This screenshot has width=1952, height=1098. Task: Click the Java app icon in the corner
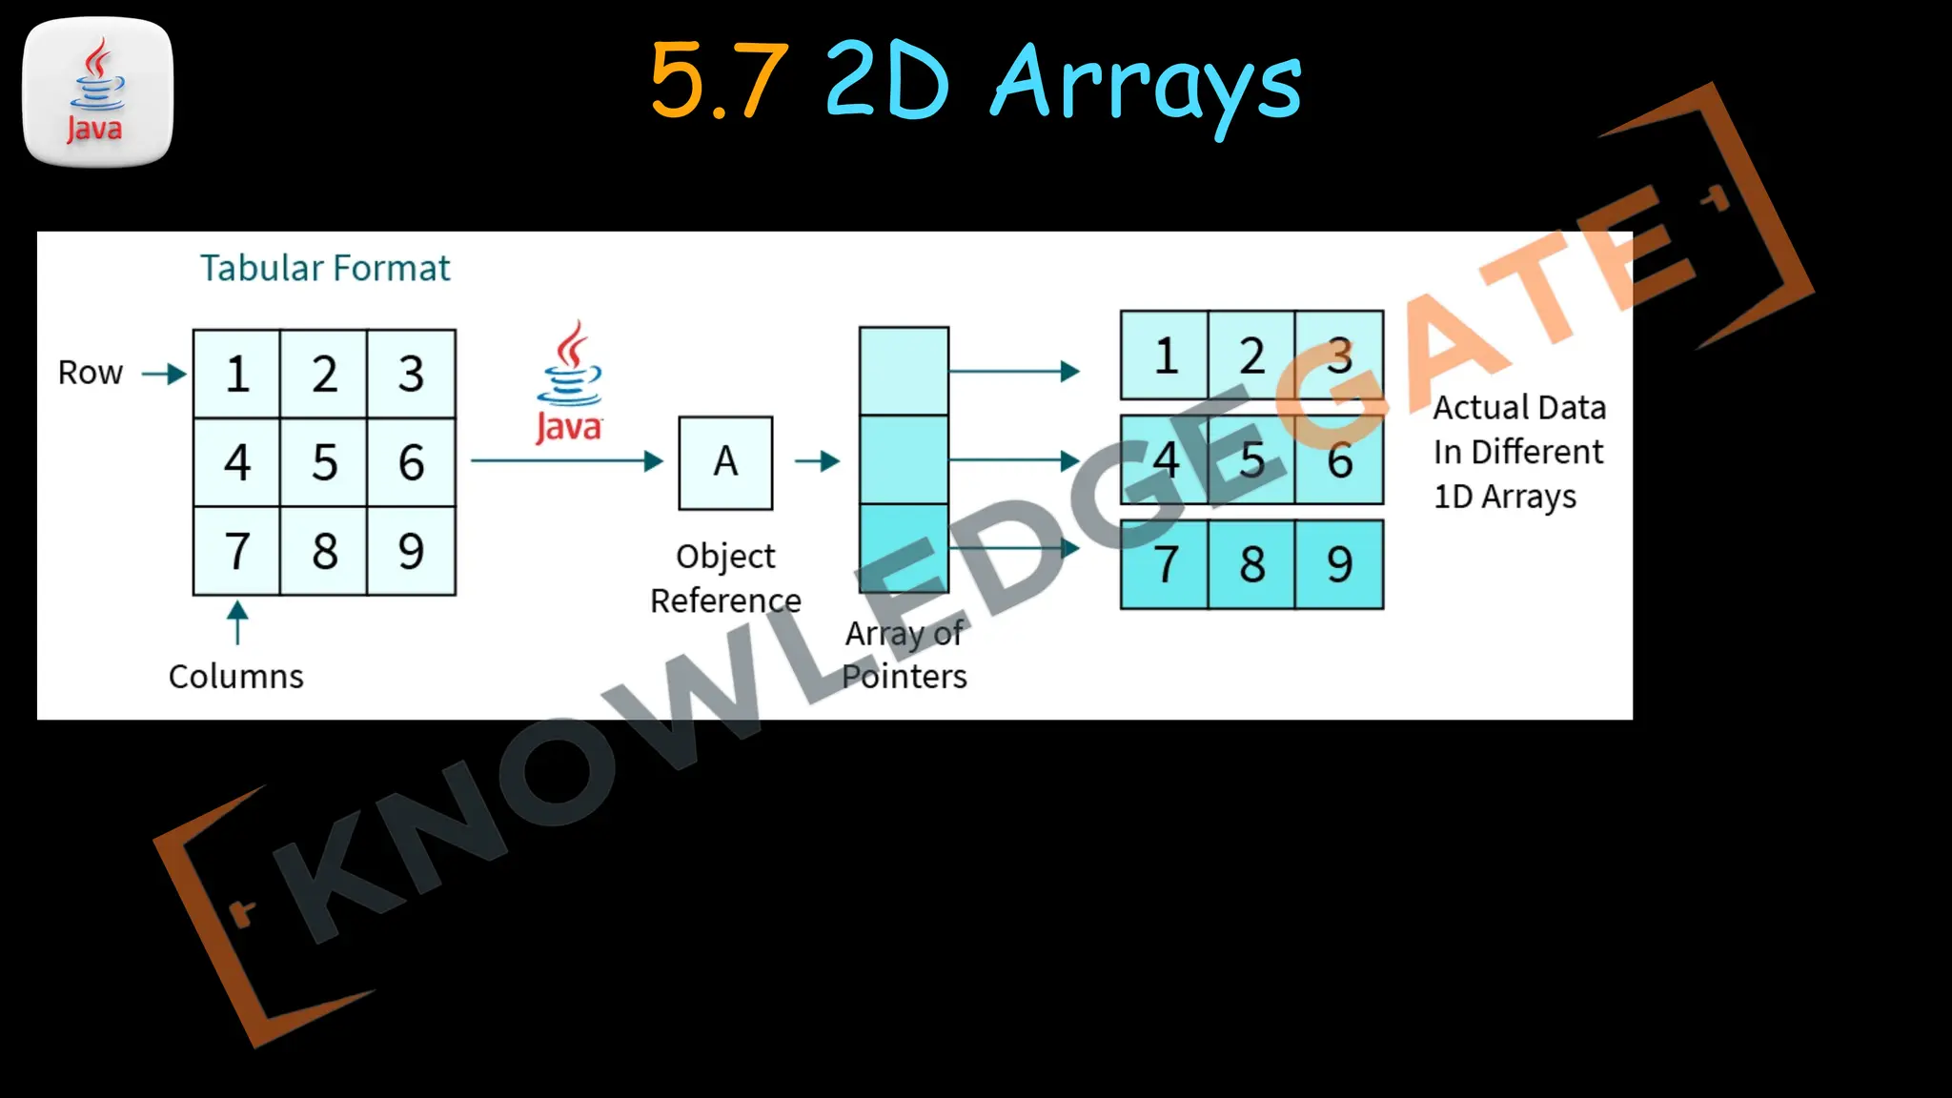[x=97, y=91]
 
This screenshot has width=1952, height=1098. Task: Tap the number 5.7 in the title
[x=719, y=82]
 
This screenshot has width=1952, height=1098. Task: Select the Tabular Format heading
[x=324, y=269]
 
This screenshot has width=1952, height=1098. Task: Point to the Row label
[x=91, y=373]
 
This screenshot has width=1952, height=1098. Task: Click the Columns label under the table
[x=235, y=676]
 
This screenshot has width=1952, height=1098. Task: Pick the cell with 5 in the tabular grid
[x=324, y=462]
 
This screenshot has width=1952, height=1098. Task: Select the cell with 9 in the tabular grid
[x=411, y=551]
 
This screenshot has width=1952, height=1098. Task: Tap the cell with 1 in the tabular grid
[x=237, y=374]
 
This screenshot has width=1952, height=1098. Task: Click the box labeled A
[x=725, y=462]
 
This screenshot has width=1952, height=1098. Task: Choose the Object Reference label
[x=725, y=578]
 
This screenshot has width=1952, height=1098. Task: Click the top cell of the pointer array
[x=904, y=371]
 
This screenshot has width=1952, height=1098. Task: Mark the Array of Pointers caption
[x=904, y=655]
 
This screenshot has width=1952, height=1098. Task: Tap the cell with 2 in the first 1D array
[x=1251, y=356]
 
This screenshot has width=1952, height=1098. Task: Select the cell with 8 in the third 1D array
[x=1251, y=564]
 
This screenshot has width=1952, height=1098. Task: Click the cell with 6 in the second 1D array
[x=1339, y=460]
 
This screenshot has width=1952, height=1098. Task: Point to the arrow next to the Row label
[x=164, y=374]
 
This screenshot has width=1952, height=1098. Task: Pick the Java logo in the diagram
[x=569, y=383]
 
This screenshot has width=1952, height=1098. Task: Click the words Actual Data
[x=1519, y=408]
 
